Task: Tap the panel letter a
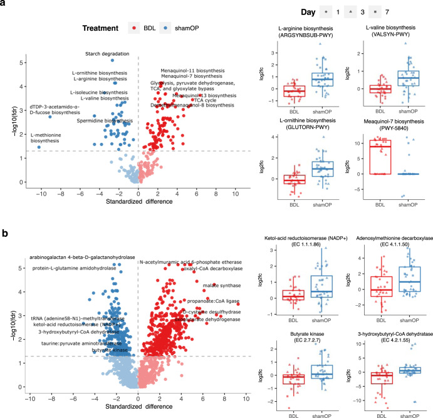click(x=5, y=6)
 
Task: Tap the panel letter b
click(x=5, y=234)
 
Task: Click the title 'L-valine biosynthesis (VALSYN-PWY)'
click(x=389, y=34)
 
